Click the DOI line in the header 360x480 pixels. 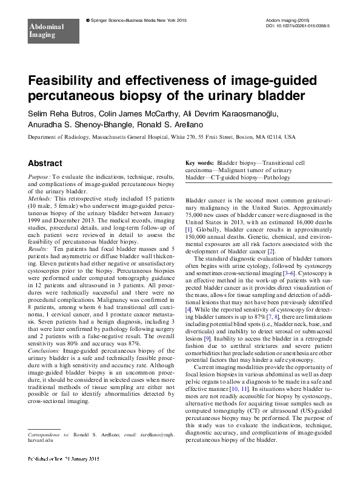(x=298, y=27)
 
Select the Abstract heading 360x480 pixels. (x=45, y=163)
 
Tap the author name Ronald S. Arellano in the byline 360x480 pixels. (x=201, y=124)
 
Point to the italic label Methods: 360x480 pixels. (x=40, y=199)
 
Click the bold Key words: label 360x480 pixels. (x=199, y=164)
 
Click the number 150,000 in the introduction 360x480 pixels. (x=197, y=236)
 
